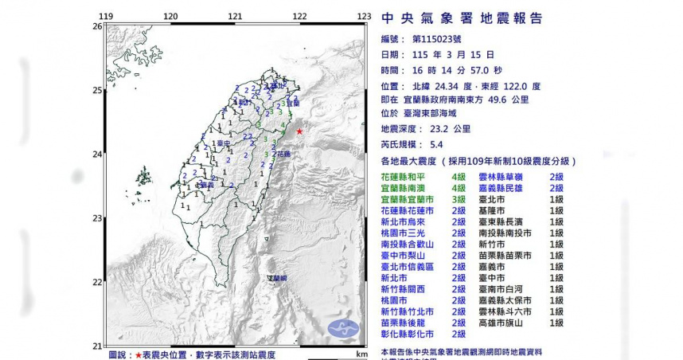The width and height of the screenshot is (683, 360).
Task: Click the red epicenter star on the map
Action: tap(299, 131)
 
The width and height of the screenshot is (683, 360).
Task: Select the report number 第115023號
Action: tap(442, 39)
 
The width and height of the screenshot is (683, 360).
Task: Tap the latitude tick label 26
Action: tap(97, 26)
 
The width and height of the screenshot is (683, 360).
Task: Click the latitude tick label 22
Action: tap(97, 282)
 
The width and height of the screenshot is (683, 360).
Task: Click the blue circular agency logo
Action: tap(342, 327)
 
